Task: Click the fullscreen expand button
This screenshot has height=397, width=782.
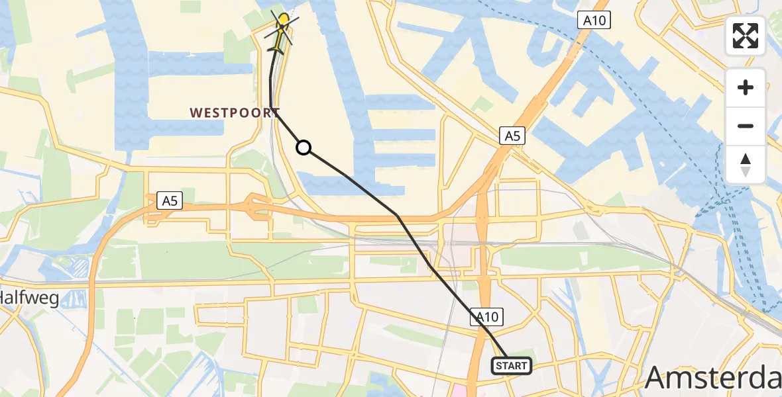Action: pos(746,36)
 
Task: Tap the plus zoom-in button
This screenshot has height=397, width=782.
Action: pos(746,87)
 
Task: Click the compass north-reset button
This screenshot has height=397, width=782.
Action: pos(746,165)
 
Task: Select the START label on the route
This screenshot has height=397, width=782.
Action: pos(511,366)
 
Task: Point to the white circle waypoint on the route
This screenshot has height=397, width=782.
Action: pos(303,148)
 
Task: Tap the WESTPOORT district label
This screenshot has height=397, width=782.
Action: pos(235,113)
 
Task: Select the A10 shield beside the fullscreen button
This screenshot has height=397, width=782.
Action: pos(594,21)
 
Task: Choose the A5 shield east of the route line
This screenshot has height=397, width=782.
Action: pos(512,136)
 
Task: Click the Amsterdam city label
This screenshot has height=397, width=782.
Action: pos(713,378)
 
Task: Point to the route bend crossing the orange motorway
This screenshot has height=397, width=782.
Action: pos(396,215)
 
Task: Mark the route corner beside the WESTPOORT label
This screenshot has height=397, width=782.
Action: pos(272,110)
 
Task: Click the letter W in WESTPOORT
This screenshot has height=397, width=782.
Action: pos(196,113)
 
